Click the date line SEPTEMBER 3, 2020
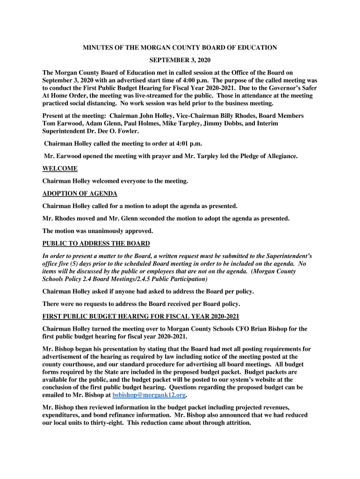pos(180,60)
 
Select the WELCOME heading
pos(60,168)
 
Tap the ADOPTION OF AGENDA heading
pos(79,194)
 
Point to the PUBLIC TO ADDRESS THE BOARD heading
pos(96,243)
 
